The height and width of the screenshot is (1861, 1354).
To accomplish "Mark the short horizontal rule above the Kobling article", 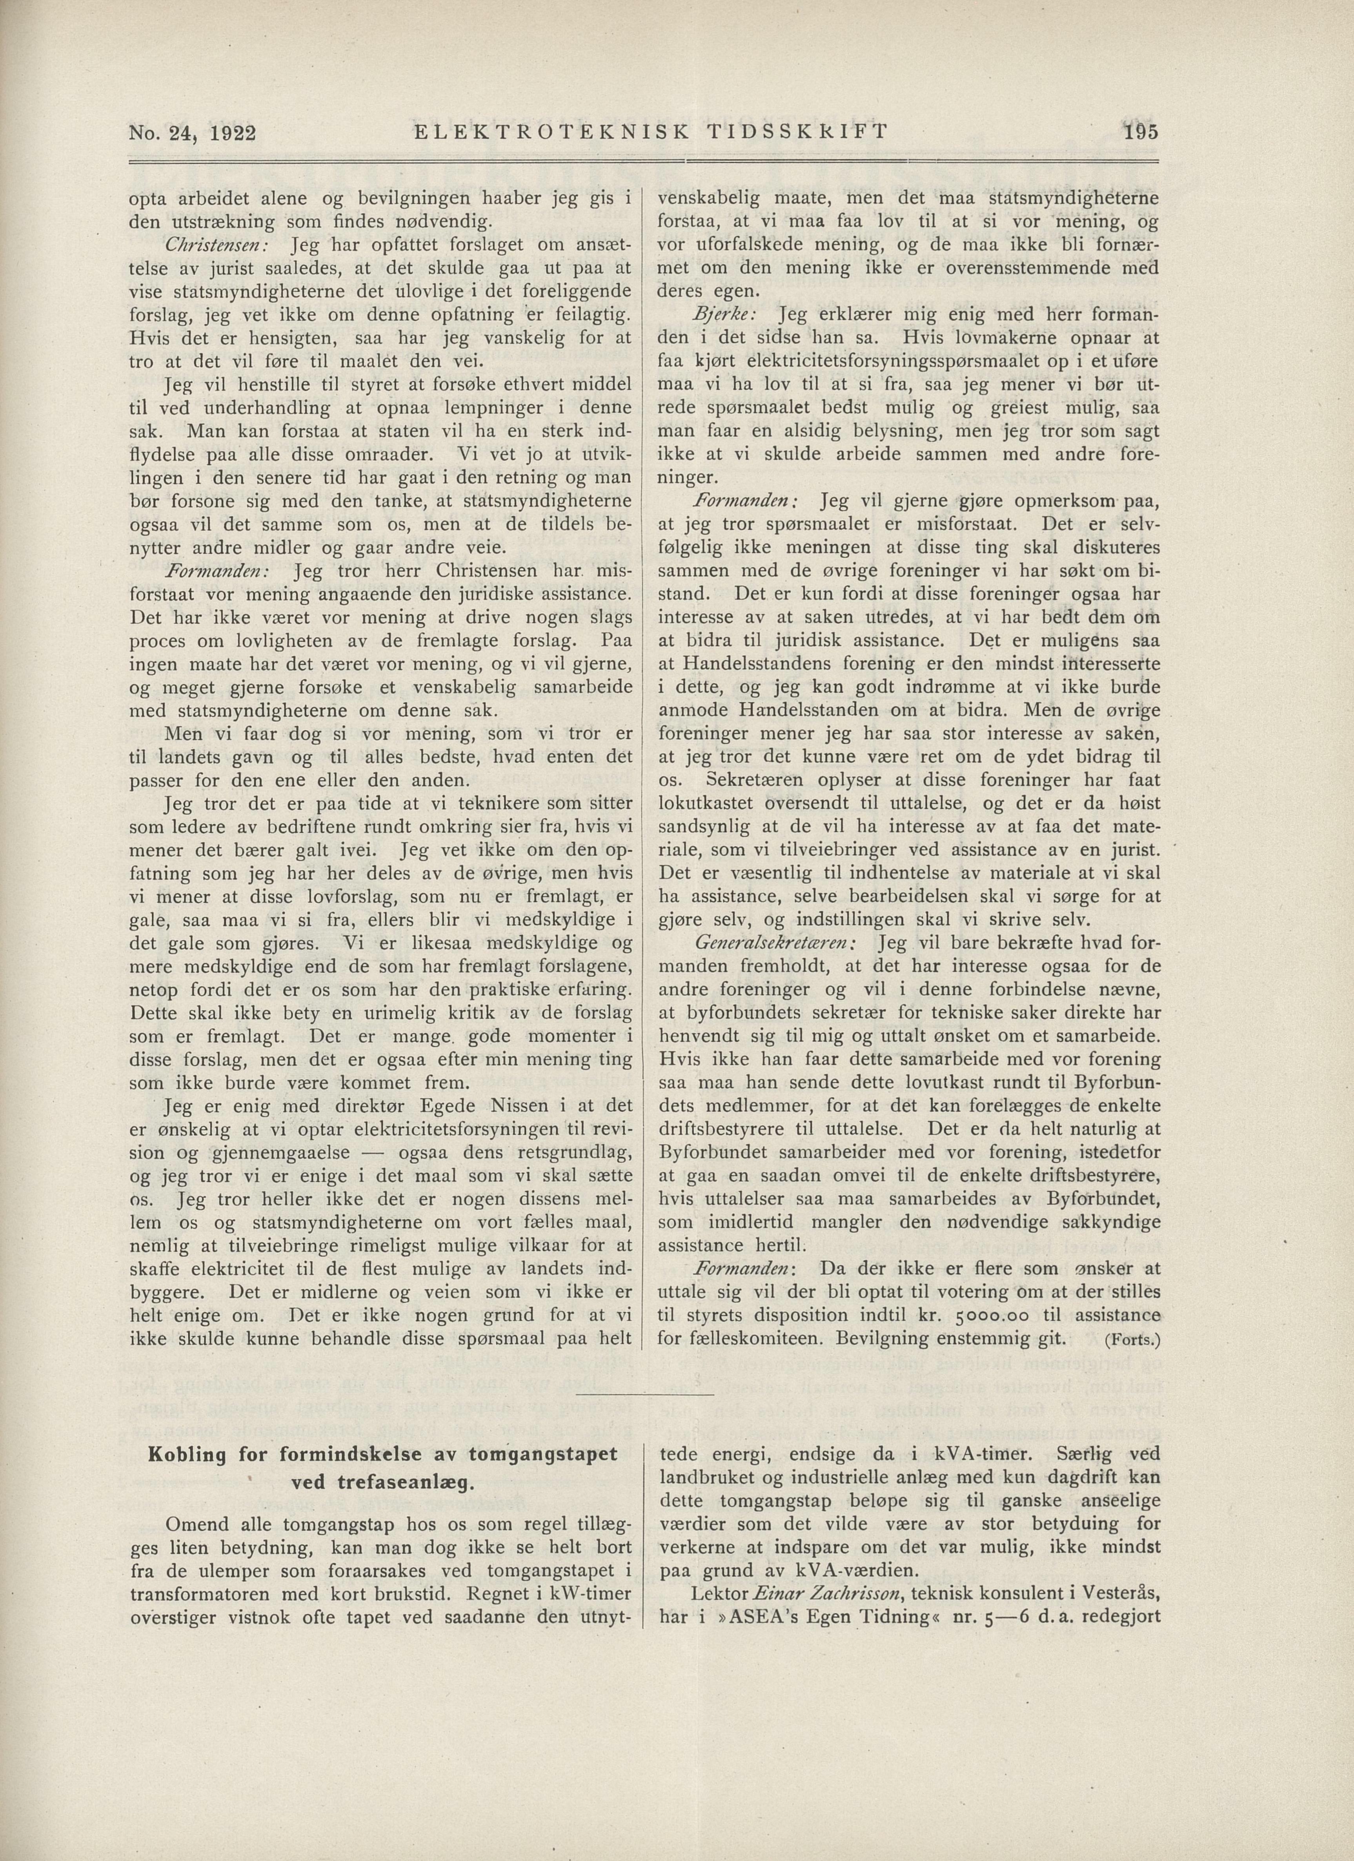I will pos(645,1393).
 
